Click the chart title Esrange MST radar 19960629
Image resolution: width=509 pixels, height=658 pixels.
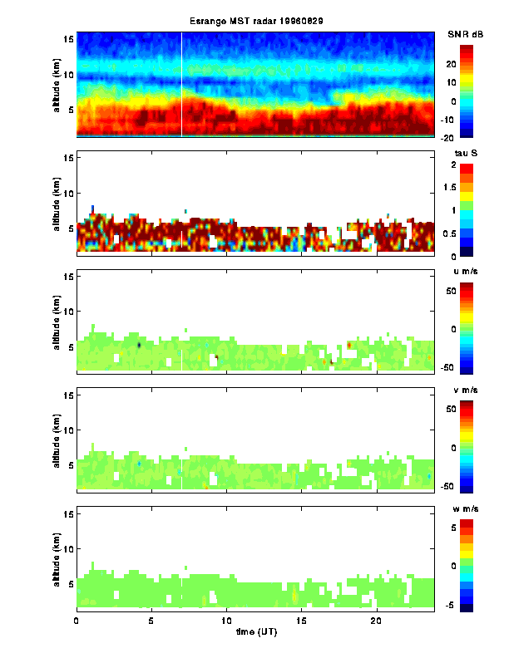click(254, 22)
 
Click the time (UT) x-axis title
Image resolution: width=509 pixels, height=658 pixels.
click(254, 632)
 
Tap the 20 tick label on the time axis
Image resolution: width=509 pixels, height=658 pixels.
click(377, 621)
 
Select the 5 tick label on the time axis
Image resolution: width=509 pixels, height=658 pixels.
click(151, 621)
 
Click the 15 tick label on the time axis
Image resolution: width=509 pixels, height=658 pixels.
click(302, 621)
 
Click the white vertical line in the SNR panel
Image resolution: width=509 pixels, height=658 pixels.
click(181, 83)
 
